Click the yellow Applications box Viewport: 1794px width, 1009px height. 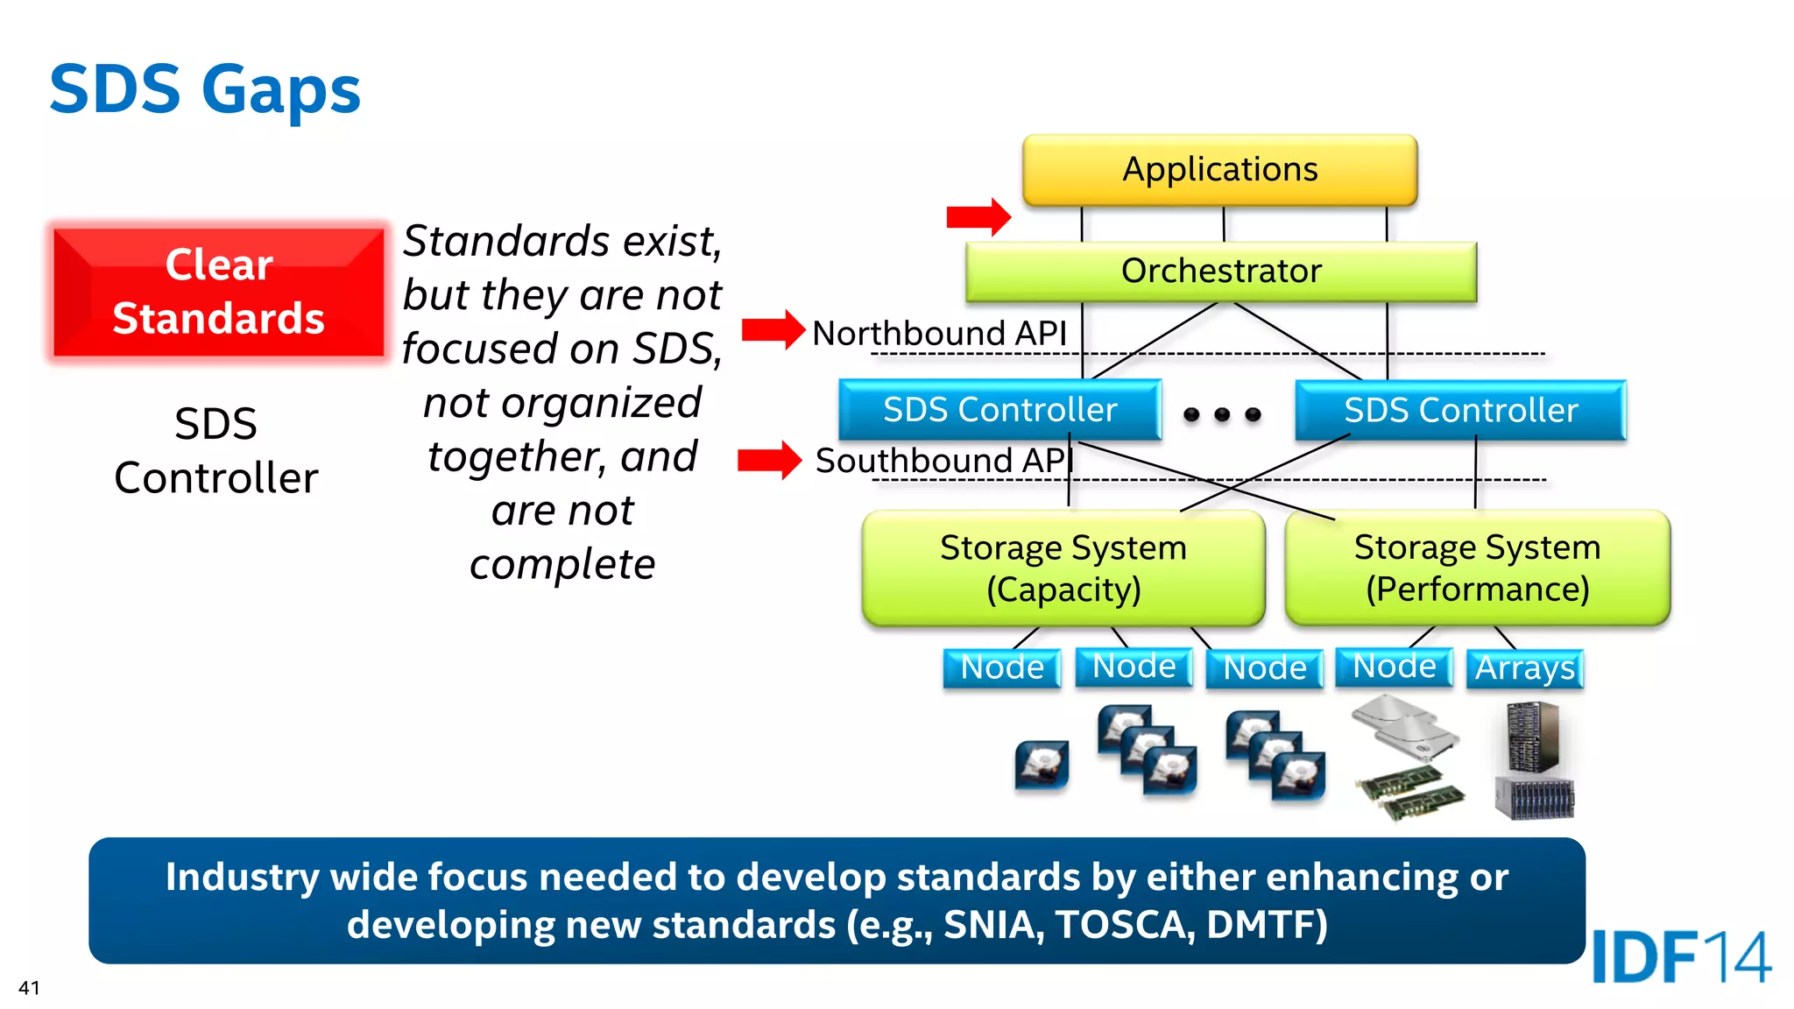pos(1219,170)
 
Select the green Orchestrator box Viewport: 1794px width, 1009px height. pos(1220,272)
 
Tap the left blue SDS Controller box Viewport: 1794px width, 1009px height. pos(999,410)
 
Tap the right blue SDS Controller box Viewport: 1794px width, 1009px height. pos(1460,410)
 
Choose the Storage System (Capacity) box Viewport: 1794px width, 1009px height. pos(1063,568)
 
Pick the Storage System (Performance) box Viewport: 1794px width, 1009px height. pos(1477,568)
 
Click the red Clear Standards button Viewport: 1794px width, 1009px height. pos(218,292)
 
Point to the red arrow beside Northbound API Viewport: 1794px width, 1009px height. pos(773,330)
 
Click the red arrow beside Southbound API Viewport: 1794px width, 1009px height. pos(769,460)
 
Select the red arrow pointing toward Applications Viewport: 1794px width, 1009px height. pos(978,216)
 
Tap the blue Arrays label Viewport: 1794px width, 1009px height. pos(1524,668)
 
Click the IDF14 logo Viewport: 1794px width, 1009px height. pos(1680,957)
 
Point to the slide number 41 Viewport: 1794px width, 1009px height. pos(29,988)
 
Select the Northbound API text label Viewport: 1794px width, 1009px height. pos(939,334)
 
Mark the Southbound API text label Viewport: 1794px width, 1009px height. pos(943,461)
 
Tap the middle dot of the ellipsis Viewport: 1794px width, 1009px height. pos(1222,414)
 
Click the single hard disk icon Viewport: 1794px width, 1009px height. pos(1042,765)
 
